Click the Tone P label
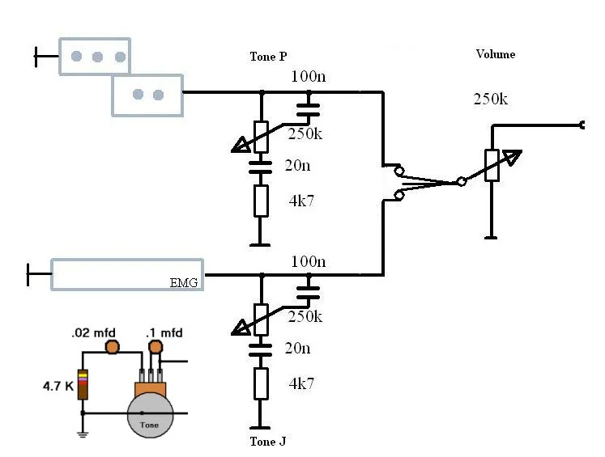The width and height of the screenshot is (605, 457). point(268,57)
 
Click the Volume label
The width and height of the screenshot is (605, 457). point(495,54)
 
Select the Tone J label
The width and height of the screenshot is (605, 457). point(268,442)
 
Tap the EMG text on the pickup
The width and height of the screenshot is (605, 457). point(184,282)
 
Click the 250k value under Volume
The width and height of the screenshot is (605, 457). point(490,99)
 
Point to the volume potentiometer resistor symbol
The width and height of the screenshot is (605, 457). point(490,166)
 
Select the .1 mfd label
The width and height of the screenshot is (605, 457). point(164,332)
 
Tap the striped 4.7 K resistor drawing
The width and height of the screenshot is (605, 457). point(83,383)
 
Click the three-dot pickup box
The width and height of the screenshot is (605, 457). point(95,57)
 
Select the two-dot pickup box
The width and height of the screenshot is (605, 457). point(147,95)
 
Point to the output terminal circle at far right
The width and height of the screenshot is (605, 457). point(583,125)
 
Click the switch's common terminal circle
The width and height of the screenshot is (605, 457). point(461,182)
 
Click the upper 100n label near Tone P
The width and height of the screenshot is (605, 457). point(308,78)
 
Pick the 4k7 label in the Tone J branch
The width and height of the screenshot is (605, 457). point(301,383)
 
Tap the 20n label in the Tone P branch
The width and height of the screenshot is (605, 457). point(296,166)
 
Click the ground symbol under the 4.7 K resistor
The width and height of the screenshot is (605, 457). point(83,434)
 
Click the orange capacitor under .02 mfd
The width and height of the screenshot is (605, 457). point(113,348)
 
